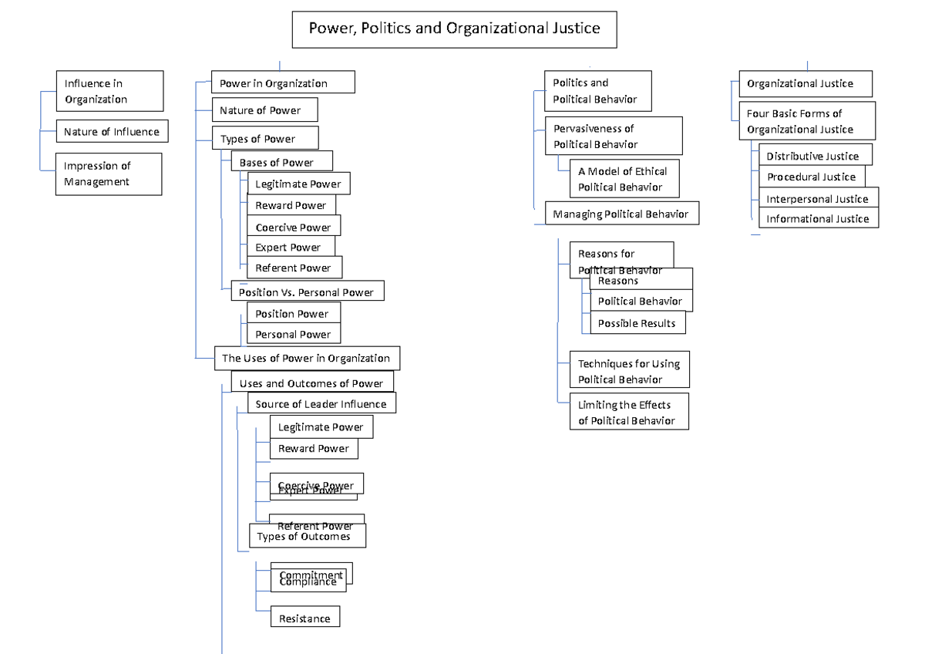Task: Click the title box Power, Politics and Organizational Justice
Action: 454,29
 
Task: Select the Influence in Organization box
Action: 109,91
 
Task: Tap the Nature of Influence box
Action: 112,132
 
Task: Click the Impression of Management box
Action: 109,174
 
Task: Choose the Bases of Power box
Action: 281,161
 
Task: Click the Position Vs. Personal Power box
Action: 307,292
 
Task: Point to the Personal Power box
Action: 293,334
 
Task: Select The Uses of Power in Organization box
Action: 307,359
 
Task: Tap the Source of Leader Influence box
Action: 321,403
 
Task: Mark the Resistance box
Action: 304,618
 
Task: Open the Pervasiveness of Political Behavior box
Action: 614,137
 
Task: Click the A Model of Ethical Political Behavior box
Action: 625,179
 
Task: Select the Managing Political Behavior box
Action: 621,214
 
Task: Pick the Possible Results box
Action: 637,324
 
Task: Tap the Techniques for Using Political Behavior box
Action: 629,371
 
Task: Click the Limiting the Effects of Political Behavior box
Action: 628,413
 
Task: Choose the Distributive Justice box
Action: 814,155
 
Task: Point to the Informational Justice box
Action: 818,219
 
